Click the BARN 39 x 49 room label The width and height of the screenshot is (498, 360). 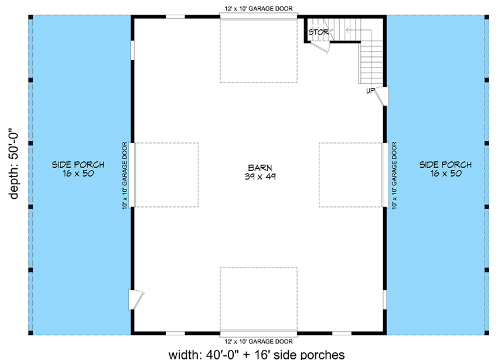(260, 172)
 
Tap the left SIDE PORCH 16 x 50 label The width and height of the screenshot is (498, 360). (78, 169)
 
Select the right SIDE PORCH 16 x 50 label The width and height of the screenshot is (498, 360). (446, 169)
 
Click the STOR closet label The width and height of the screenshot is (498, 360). (319, 32)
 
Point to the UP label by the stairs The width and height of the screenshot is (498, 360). (370, 91)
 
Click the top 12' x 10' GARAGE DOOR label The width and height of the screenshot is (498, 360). (259, 9)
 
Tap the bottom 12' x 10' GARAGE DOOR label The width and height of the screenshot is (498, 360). (259, 342)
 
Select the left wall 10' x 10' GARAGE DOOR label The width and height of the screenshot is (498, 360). (125, 175)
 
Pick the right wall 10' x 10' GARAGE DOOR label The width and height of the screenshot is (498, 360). (394, 175)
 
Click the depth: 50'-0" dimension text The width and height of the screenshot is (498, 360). (14, 164)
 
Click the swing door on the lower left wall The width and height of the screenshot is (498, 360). (135, 299)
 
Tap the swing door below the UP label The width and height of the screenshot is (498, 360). (382, 96)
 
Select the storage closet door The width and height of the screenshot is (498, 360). (320, 47)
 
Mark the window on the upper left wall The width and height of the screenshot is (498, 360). (132, 50)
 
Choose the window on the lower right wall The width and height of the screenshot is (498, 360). (384, 299)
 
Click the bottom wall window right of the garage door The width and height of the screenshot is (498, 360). (342, 333)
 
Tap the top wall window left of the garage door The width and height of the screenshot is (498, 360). (175, 16)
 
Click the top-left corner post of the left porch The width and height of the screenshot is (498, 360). (30, 17)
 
